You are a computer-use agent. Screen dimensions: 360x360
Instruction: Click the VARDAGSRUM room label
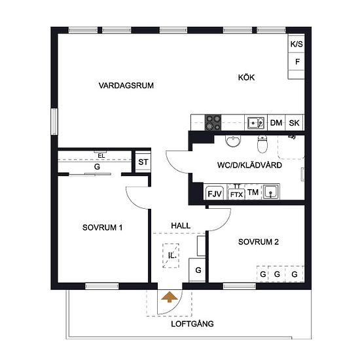pyautogui.click(x=126, y=85)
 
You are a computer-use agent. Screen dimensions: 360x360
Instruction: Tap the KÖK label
pyautogui.click(x=246, y=77)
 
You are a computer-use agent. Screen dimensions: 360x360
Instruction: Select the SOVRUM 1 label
pyautogui.click(x=102, y=228)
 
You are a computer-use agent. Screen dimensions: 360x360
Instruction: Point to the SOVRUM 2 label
pyautogui.click(x=259, y=242)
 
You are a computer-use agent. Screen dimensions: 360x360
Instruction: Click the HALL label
pyautogui.click(x=181, y=226)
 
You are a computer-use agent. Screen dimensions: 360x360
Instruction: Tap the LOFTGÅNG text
pyautogui.click(x=192, y=324)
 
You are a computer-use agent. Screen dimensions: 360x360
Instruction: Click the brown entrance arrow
pyautogui.click(x=170, y=297)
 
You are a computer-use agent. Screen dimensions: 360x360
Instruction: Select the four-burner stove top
pyautogui.click(x=213, y=122)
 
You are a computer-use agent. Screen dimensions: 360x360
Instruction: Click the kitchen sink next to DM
pyautogui.click(x=256, y=123)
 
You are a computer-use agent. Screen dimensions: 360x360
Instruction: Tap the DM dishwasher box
pyautogui.click(x=276, y=123)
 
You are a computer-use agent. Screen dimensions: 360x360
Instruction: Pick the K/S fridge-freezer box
pyautogui.click(x=297, y=44)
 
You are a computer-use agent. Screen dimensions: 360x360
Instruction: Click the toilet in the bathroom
pyautogui.click(x=262, y=144)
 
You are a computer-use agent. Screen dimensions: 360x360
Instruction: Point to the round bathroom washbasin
pyautogui.click(x=233, y=141)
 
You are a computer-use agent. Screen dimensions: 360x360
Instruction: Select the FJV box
pyautogui.click(x=215, y=193)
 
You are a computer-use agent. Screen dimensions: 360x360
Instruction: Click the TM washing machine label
pyautogui.click(x=253, y=192)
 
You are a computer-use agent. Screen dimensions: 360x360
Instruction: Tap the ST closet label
pyautogui.click(x=143, y=162)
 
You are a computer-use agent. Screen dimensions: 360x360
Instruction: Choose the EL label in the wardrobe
pyautogui.click(x=101, y=156)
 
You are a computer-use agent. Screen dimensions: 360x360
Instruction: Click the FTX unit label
pyautogui.click(x=236, y=194)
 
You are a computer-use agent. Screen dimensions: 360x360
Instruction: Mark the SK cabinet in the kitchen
pyautogui.click(x=294, y=123)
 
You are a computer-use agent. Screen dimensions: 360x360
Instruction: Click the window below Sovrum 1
pyautogui.click(x=102, y=286)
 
